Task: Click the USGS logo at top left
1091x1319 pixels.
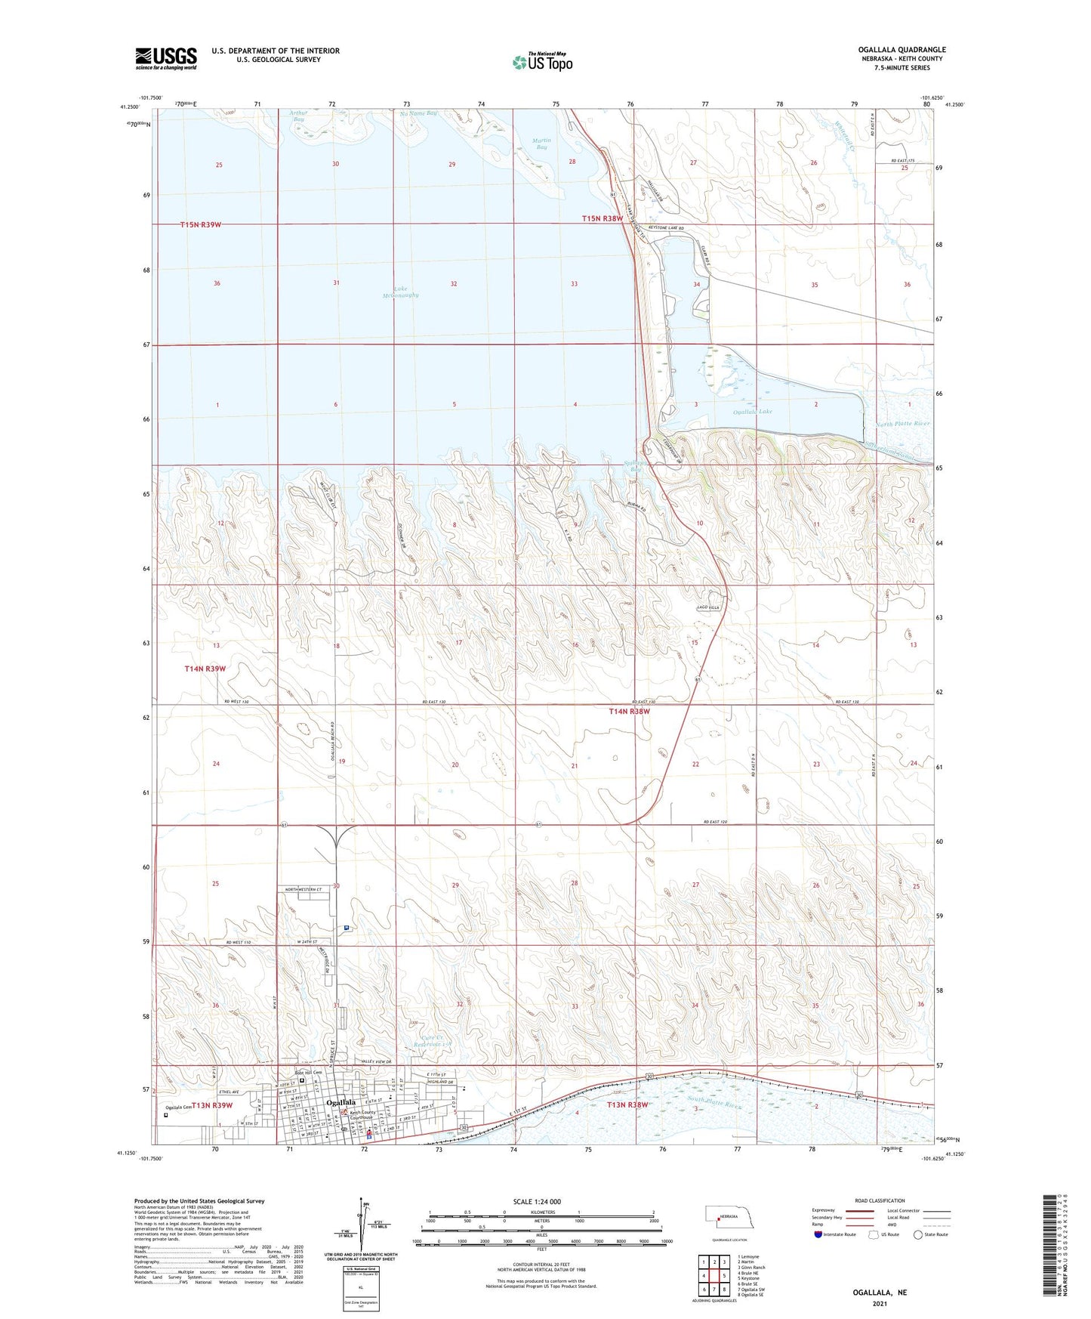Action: tap(165, 58)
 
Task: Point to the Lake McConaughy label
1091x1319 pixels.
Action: tap(400, 292)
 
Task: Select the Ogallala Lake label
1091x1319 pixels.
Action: tap(753, 412)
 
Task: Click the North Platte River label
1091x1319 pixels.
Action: tap(903, 425)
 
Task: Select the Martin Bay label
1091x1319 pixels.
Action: tap(541, 144)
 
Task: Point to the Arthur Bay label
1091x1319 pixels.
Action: tap(297, 116)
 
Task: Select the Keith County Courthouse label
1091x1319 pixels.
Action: tap(362, 1114)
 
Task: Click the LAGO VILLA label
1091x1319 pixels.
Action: tap(707, 607)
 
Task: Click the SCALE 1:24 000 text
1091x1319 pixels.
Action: tap(537, 1201)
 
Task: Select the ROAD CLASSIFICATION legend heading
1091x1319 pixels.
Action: tap(880, 1200)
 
